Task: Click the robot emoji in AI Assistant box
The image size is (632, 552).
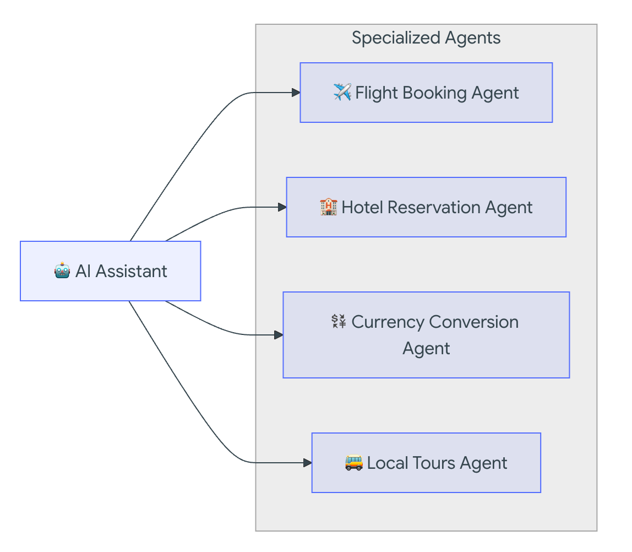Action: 62,271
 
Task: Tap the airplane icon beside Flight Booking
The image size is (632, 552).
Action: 342,92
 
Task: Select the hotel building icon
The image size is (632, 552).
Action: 328,207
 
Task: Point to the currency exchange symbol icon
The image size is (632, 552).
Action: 339,321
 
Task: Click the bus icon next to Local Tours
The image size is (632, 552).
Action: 353,462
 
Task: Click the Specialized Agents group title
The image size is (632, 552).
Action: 426,38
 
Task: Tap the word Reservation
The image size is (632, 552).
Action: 427,207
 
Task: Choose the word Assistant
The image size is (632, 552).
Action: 131,271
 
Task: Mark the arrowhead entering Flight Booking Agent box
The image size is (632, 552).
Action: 296,93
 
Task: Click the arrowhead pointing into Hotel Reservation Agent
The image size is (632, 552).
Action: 282,207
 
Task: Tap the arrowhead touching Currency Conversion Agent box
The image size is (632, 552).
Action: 279,335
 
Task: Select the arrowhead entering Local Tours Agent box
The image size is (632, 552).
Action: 308,463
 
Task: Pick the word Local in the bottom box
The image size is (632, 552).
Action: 385,463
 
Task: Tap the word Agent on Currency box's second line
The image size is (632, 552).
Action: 426,348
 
